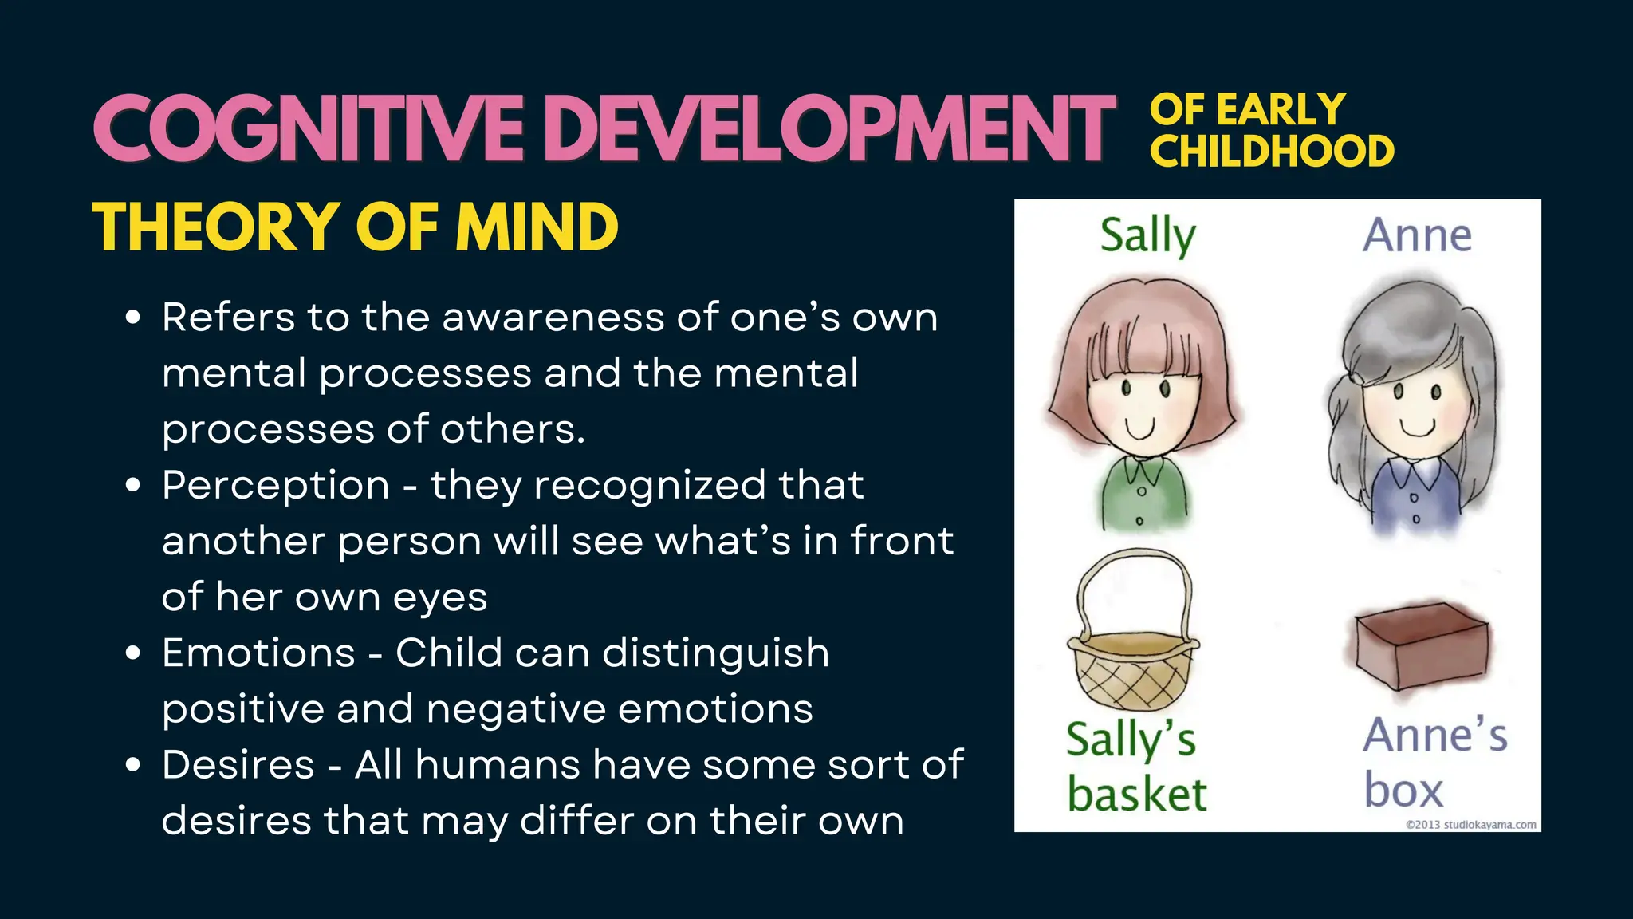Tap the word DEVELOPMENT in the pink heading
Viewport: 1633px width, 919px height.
point(829,128)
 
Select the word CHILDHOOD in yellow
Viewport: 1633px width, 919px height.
point(1271,152)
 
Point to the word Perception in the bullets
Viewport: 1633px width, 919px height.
point(276,485)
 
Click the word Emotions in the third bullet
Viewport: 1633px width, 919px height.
point(258,653)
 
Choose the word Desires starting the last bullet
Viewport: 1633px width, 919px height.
point(238,764)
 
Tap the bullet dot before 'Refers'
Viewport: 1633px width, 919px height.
point(133,318)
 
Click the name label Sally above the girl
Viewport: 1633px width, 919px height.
point(1147,236)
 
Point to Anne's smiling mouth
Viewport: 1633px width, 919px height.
point(1419,428)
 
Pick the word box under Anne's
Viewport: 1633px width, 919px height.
point(1403,791)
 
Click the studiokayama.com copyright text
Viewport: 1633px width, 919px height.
point(1470,825)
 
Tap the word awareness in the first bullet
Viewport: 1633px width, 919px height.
point(553,318)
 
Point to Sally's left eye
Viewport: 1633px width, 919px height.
point(1126,389)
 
